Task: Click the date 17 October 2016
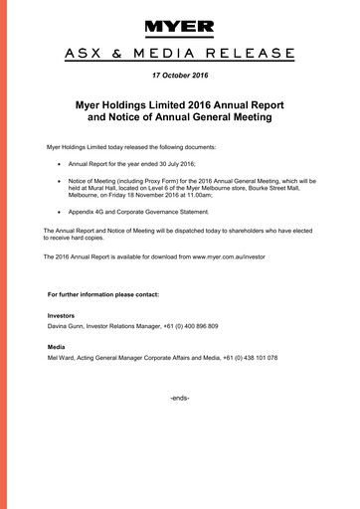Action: click(x=180, y=76)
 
